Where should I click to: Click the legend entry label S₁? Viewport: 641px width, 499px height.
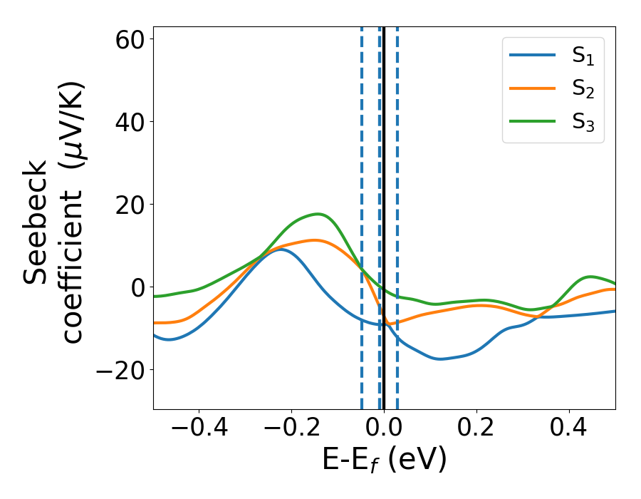click(583, 58)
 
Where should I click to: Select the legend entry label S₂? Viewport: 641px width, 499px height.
click(583, 90)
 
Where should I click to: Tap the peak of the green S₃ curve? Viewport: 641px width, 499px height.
click(316, 214)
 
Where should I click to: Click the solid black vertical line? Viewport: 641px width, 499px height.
click(384, 178)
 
